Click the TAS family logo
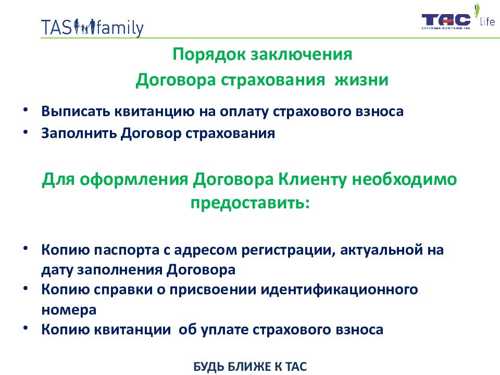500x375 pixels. (x=92, y=28)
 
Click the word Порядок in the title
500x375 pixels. (x=209, y=55)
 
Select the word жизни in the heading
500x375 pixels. (x=361, y=80)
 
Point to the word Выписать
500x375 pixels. (x=76, y=111)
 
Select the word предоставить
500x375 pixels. (x=250, y=203)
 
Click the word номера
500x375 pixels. (x=69, y=310)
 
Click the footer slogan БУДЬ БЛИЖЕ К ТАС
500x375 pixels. (x=250, y=367)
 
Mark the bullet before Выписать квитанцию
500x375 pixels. (x=26, y=109)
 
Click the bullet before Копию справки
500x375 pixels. (x=26, y=288)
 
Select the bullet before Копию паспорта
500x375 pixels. (x=26, y=248)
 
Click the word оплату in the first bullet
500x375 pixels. (x=244, y=112)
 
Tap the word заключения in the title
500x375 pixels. (x=301, y=55)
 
